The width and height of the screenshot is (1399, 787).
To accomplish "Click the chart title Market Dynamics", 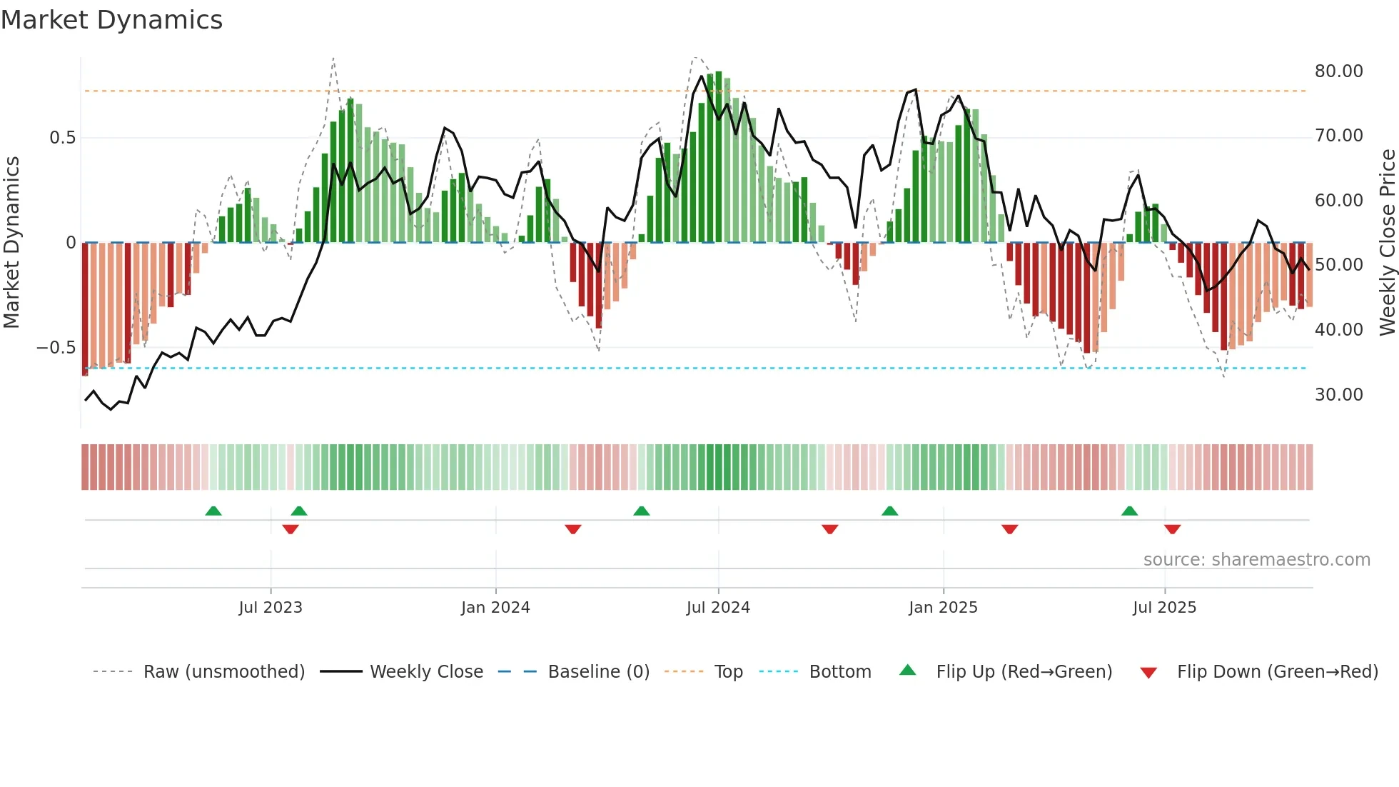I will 111,20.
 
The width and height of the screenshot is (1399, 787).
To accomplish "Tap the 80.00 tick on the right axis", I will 1338,71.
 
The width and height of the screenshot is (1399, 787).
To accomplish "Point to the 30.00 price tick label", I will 1338,395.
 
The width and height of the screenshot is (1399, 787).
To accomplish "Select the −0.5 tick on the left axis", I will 56,348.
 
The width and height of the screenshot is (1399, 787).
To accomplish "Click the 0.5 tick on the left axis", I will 62,138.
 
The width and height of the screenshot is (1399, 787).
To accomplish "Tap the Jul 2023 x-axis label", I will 271,608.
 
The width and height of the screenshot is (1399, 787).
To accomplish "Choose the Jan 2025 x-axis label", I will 943,608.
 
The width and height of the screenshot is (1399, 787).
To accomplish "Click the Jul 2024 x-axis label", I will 718,608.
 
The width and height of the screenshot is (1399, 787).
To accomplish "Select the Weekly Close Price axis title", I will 1387,243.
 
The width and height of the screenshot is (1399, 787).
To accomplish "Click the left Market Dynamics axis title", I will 11,243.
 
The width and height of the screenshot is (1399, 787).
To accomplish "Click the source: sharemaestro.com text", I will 1256,560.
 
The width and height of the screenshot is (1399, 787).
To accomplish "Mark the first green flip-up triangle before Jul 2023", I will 213,511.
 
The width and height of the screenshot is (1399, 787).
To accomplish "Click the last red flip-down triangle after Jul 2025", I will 1172,529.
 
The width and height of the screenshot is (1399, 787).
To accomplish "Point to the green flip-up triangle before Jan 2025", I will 889,511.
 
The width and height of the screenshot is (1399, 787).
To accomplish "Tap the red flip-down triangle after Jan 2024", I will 573,529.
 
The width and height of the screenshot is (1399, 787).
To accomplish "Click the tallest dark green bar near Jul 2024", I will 719,157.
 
